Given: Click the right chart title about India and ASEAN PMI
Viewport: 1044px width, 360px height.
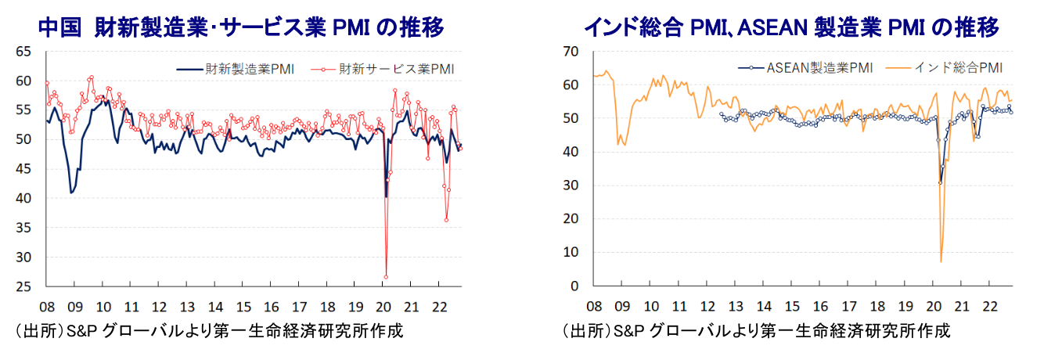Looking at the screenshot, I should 791,28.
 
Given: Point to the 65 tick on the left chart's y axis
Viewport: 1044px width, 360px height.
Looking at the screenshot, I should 23,52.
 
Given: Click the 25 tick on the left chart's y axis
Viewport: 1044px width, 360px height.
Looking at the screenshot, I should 23,286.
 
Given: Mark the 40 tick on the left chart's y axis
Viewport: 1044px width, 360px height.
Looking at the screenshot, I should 23,199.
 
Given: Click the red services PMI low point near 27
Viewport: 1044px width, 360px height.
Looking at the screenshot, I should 386,276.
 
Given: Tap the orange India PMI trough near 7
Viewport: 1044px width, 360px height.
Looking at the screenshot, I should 941,261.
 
